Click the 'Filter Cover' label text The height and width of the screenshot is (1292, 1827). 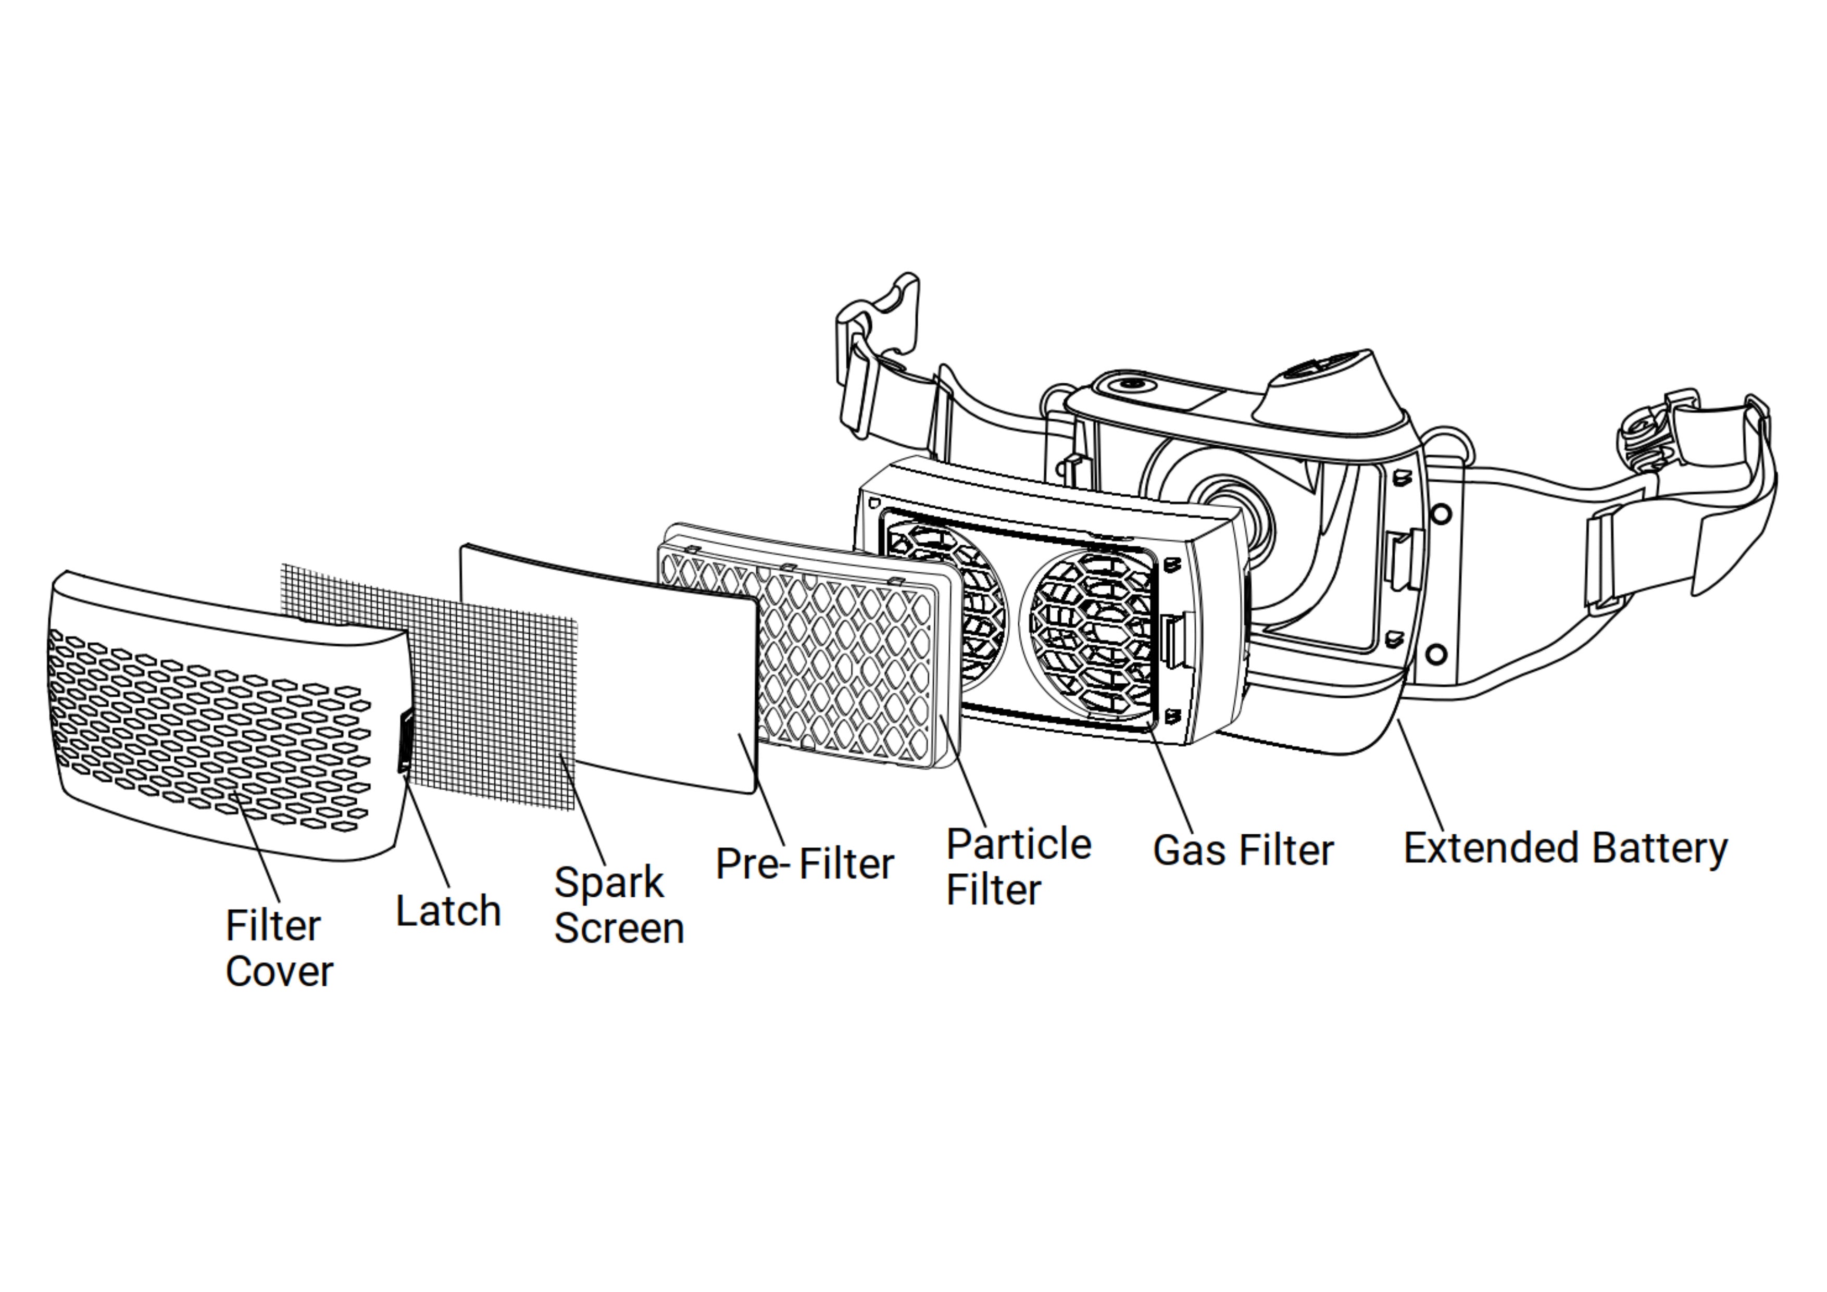click(279, 948)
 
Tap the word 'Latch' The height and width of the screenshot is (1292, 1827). click(448, 911)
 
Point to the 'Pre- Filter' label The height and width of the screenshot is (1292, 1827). click(805, 863)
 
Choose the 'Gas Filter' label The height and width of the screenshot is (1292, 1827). click(1243, 850)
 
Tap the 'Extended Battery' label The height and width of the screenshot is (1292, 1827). click(1565, 848)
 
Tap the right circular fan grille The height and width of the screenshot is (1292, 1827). click(1090, 629)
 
